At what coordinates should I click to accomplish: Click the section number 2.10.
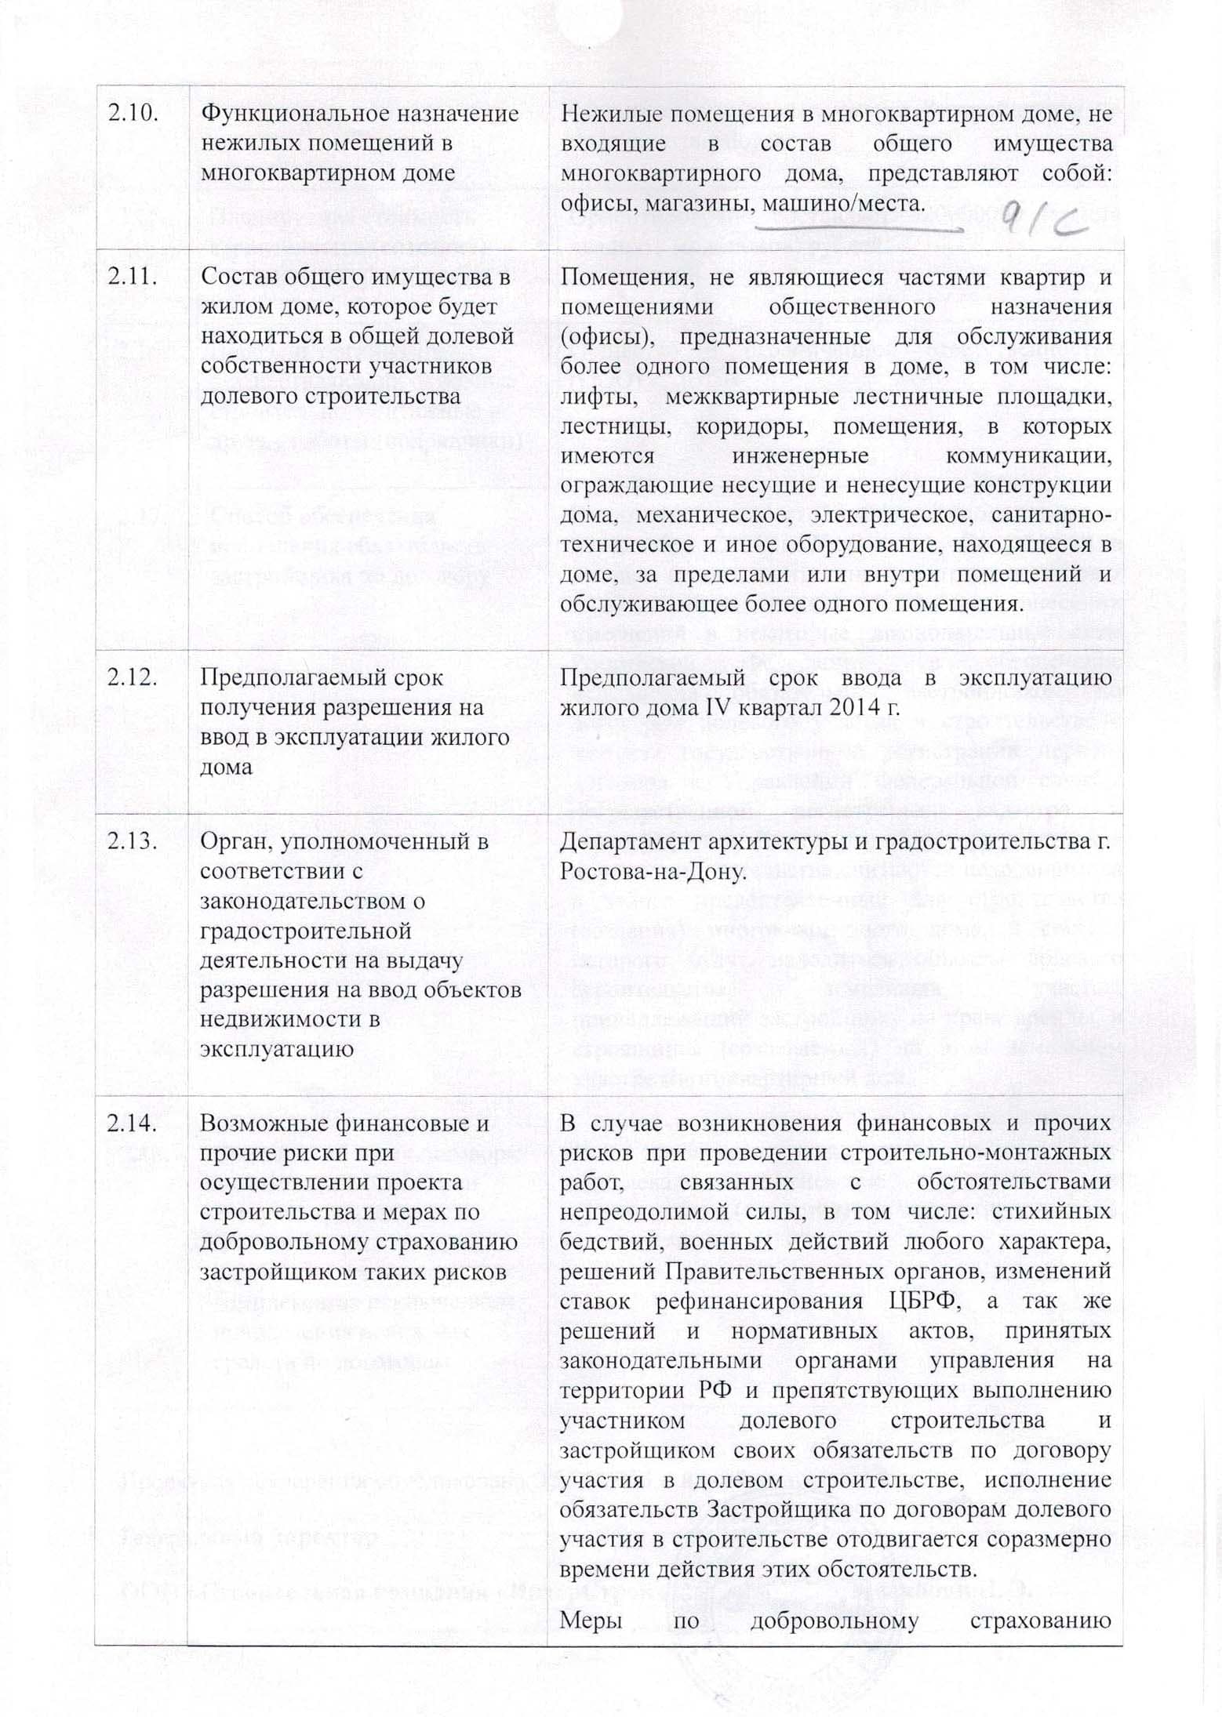click(135, 114)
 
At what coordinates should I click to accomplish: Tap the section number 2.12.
click(135, 676)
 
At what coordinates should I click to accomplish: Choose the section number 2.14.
click(135, 1123)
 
